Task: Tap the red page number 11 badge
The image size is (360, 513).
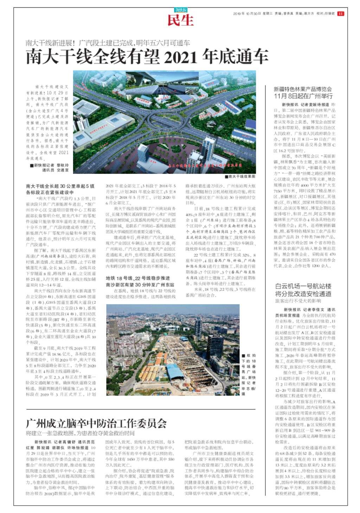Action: coord(340,14)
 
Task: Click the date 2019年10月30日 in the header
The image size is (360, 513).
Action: coord(246,14)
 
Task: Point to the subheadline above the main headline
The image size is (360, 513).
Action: coord(108,43)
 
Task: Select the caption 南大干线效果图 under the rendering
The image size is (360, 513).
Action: coord(240,177)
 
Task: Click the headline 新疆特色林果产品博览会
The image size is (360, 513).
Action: coord(303,89)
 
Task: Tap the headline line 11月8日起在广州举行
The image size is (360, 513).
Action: coord(303,96)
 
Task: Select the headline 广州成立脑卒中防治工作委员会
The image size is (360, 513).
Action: coord(96,423)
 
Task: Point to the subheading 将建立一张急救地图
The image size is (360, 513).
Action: coord(80,433)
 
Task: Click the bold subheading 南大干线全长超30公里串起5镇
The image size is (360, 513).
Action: coord(60,186)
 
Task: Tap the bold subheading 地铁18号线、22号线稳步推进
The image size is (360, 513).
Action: coord(138,278)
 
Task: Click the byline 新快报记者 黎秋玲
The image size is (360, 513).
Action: coord(51,165)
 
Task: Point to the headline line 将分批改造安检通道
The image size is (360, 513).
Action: coord(303,294)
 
